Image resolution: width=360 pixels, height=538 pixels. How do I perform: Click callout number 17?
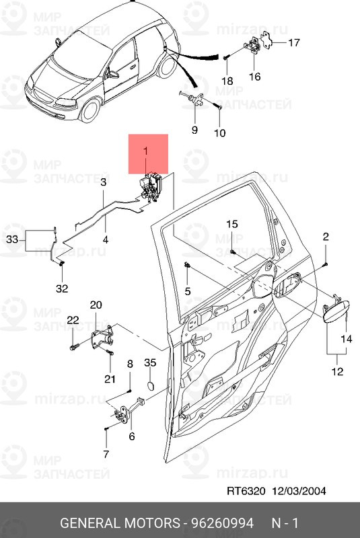[x=294, y=42]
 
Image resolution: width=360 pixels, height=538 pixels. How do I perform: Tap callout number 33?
[x=12, y=239]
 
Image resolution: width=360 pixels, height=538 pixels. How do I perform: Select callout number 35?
[x=150, y=362]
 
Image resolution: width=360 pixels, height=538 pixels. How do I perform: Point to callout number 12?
[x=337, y=371]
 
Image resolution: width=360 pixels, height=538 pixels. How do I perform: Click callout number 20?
[x=96, y=305]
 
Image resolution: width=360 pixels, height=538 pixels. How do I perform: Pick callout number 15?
[x=232, y=224]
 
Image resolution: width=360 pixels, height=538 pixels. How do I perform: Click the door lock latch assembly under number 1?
[x=151, y=188]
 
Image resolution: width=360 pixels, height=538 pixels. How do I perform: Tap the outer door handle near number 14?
[x=336, y=311]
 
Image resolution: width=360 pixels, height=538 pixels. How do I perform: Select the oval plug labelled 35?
[x=150, y=385]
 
